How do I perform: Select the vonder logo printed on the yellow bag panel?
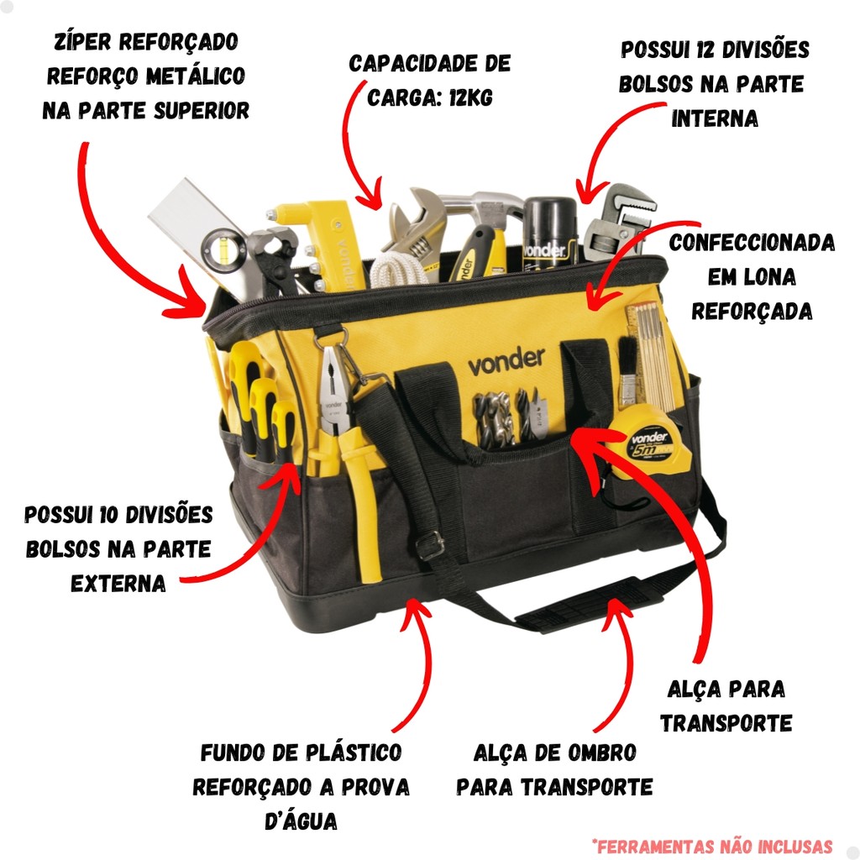pos(506,361)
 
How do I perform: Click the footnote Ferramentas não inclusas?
pos(712,845)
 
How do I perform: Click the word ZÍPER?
pos(82,42)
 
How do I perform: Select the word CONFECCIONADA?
pos(752,242)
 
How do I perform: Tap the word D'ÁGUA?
pos(302,821)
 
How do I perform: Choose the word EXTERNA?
pos(118,584)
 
